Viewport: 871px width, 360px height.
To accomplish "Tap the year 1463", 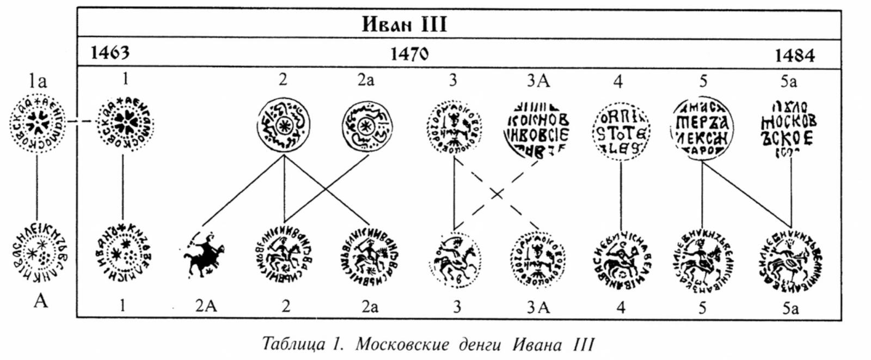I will click(110, 52).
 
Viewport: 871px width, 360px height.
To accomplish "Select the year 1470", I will click(409, 54).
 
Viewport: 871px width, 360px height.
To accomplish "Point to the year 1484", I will click(795, 55).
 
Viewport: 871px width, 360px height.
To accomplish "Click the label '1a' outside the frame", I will click(38, 81).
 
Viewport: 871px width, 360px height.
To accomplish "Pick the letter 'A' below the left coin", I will click(40, 300).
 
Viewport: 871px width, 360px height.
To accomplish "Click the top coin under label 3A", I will click(537, 129).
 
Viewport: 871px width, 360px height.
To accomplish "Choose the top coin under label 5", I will click(702, 129).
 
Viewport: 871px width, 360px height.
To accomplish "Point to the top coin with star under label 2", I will click(283, 126).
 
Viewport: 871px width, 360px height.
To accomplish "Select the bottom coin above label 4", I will click(621, 259).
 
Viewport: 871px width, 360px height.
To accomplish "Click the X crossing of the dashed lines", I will click(496, 193).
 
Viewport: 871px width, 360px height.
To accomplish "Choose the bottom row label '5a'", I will click(790, 308).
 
